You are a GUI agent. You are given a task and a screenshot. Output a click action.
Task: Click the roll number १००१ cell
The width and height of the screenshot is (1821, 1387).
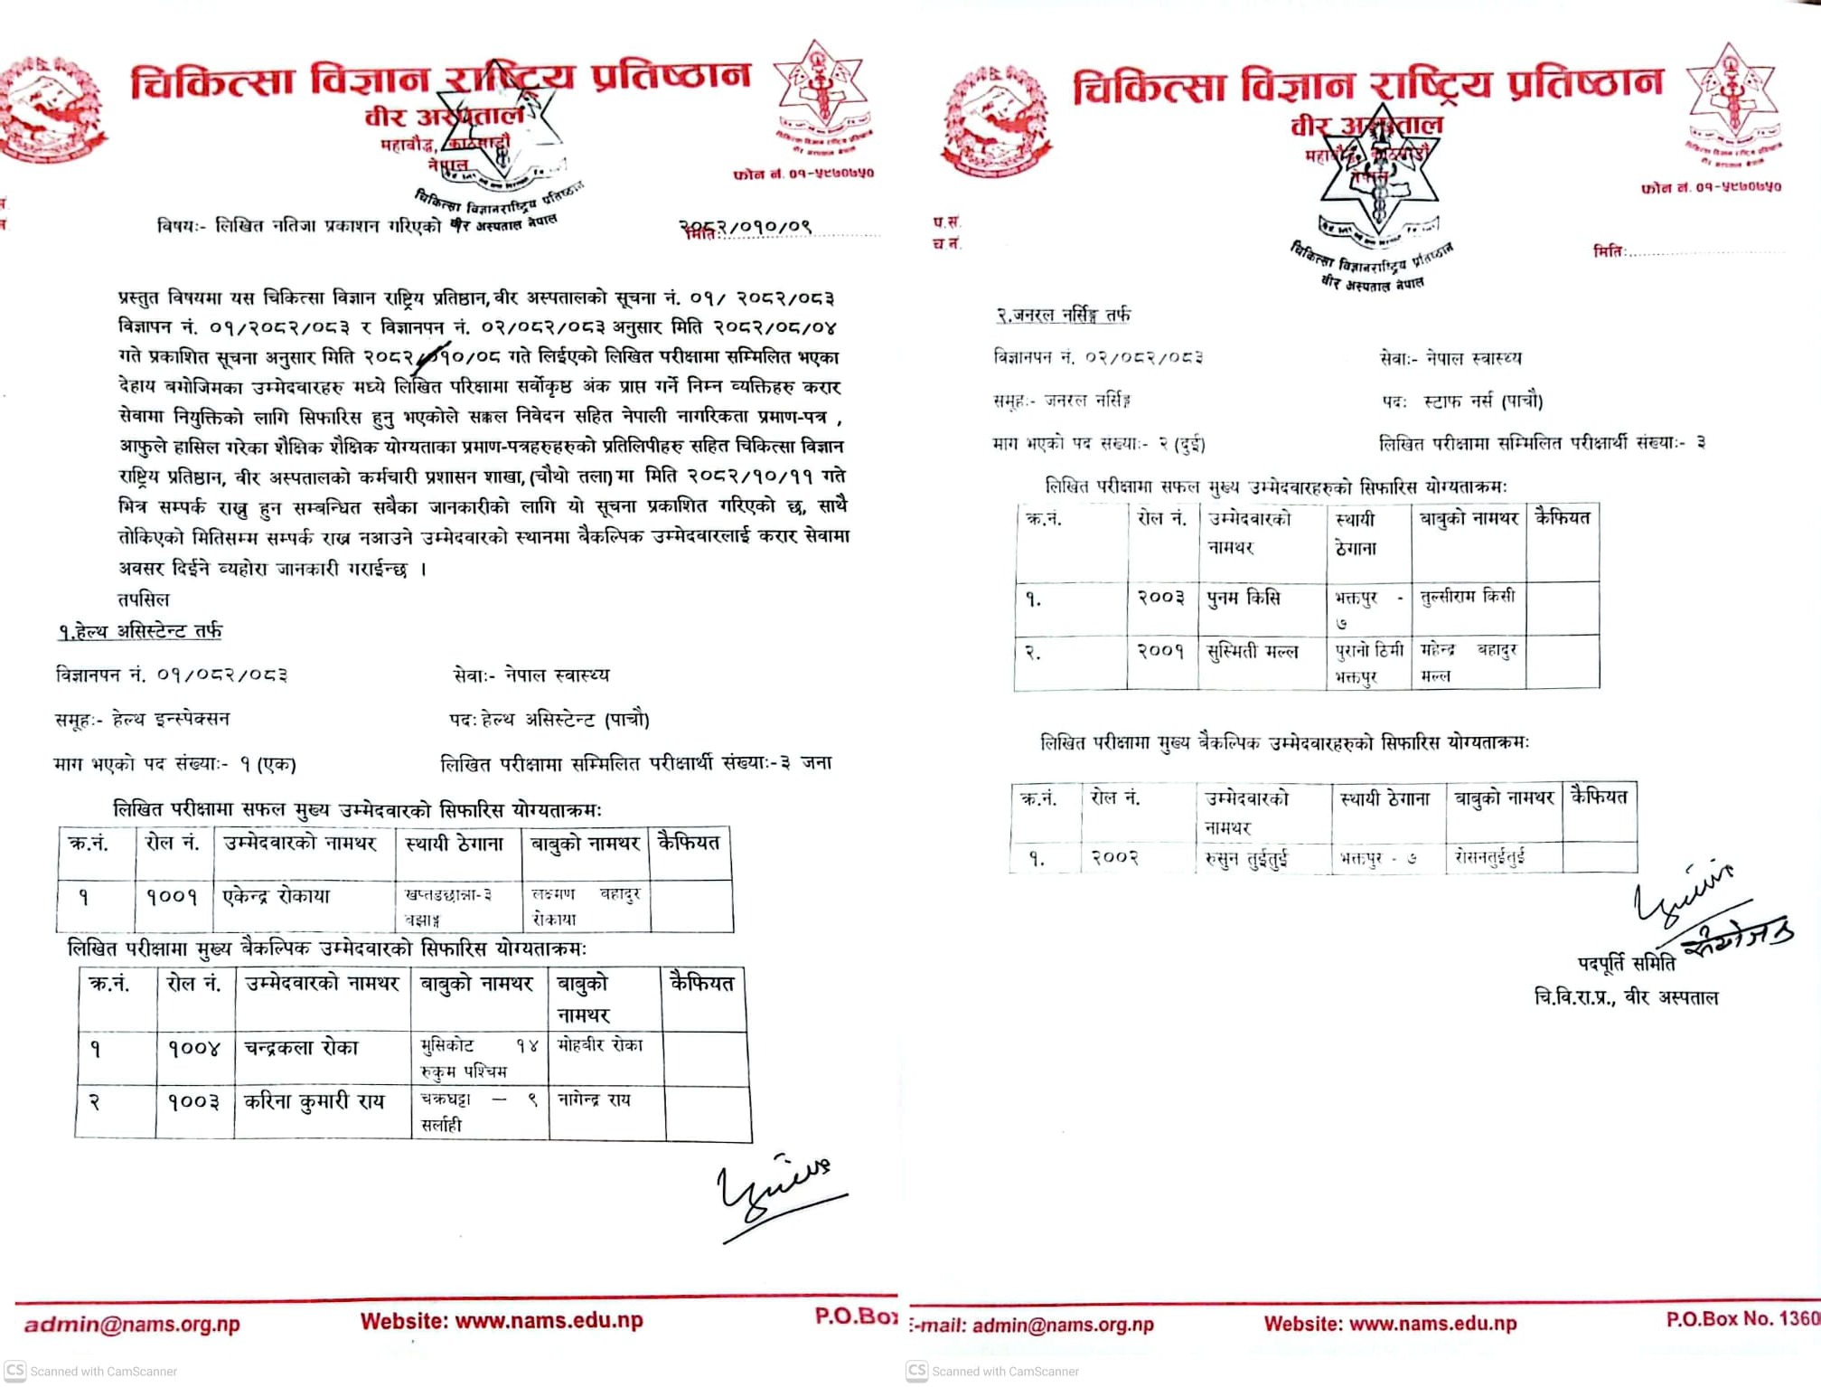[172, 897]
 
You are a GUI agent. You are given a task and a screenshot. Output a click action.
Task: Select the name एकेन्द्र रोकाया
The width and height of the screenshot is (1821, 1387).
[277, 896]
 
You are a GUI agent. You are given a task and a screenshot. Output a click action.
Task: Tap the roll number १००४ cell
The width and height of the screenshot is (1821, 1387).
[193, 1049]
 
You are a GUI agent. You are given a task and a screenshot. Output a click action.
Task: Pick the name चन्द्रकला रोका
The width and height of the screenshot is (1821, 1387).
[301, 1048]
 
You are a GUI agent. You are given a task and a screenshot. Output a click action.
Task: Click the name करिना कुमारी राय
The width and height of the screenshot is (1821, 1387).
[314, 1101]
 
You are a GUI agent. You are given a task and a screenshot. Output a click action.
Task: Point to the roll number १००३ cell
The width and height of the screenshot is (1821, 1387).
[193, 1102]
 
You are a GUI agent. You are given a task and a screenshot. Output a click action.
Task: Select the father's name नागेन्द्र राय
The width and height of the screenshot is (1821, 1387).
[594, 1099]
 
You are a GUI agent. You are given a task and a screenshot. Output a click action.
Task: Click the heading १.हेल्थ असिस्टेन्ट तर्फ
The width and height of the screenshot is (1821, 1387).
[140, 631]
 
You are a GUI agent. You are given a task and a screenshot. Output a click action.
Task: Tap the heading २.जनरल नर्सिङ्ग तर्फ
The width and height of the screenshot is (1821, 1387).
[1063, 315]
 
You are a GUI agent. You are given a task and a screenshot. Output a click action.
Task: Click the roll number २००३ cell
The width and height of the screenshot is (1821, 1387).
[1160, 597]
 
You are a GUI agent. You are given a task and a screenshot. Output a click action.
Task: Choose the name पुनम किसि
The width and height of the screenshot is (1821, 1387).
[1244, 598]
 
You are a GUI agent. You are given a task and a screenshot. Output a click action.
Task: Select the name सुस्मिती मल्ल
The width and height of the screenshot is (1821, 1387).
[1253, 651]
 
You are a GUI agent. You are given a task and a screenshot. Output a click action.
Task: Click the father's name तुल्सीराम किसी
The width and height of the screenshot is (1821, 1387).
[1468, 597]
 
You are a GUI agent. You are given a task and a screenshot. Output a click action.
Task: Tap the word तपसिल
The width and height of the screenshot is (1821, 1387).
[144, 599]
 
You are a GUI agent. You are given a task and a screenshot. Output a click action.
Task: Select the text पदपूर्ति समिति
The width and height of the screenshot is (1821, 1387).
[1626, 964]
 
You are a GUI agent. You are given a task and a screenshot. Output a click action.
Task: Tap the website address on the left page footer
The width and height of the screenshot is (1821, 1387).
[502, 1321]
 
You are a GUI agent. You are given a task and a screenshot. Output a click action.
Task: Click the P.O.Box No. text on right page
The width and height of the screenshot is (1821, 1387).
[1741, 1319]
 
